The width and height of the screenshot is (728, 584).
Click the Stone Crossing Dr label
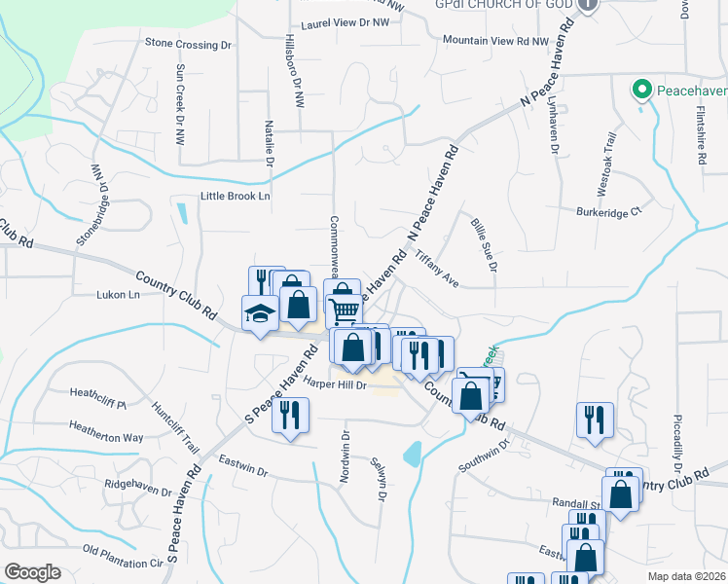point(188,44)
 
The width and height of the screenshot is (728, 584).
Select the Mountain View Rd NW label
point(495,41)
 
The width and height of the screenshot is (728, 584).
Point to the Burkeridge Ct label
point(610,210)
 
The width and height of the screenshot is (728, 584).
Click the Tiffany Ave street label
point(437,266)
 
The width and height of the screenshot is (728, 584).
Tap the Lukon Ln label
point(119,294)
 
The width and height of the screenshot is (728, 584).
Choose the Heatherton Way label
point(106,425)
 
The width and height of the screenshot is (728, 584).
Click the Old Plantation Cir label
point(123,563)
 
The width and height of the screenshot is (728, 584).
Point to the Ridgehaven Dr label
point(143,482)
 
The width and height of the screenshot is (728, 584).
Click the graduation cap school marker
point(260,312)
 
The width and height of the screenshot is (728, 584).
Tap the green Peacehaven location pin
point(641,91)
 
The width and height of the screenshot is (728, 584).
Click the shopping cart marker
point(345,311)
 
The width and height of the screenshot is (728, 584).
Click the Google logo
point(32,572)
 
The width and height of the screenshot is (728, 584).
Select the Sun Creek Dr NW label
point(180,100)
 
